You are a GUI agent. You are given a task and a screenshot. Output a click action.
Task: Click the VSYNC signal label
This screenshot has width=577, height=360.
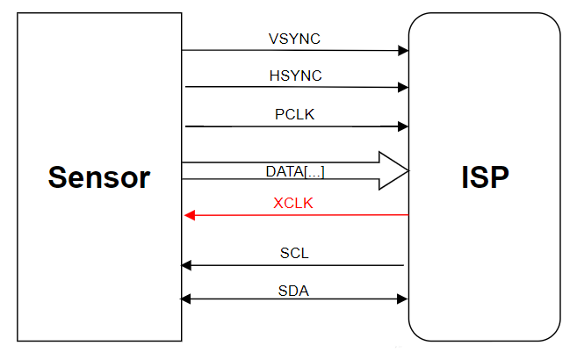(x=295, y=39)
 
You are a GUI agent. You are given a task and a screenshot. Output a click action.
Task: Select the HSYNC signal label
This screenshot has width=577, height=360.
(x=295, y=76)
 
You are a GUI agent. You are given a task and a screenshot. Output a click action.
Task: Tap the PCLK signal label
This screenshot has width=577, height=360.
(x=295, y=114)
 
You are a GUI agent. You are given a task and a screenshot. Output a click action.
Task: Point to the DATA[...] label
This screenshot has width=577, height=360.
(x=295, y=171)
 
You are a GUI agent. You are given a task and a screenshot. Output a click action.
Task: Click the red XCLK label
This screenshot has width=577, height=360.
(x=293, y=203)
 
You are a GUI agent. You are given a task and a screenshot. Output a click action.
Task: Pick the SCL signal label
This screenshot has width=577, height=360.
(x=294, y=254)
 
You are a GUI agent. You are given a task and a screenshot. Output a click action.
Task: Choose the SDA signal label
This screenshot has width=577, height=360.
(x=293, y=291)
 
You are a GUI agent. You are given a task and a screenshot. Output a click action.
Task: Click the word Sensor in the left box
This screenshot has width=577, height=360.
(x=99, y=177)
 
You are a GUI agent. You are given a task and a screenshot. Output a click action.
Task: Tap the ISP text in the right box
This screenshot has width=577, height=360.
(x=484, y=177)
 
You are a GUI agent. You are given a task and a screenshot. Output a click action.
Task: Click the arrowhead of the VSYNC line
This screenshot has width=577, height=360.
(x=403, y=51)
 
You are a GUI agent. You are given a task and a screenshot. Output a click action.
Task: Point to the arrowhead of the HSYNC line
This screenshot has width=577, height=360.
(x=403, y=88)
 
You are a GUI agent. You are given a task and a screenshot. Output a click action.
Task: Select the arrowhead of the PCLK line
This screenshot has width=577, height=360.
(x=403, y=126)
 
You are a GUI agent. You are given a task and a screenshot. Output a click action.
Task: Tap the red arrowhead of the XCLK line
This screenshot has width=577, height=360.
(x=188, y=215)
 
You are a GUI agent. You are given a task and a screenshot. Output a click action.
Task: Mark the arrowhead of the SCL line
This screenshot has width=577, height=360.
(x=186, y=265)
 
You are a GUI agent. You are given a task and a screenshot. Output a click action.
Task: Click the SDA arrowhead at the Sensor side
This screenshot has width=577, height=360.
(x=186, y=300)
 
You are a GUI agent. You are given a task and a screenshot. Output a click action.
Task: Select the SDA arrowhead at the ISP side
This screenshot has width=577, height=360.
(x=403, y=300)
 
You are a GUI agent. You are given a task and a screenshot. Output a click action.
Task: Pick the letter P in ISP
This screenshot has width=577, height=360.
(x=499, y=177)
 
